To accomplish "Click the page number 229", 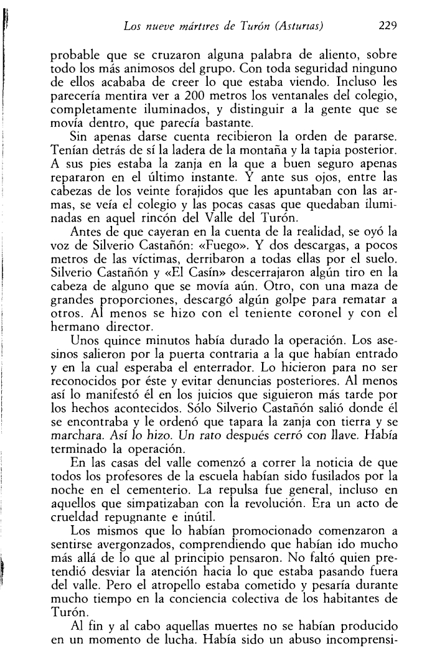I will pos(387,26).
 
